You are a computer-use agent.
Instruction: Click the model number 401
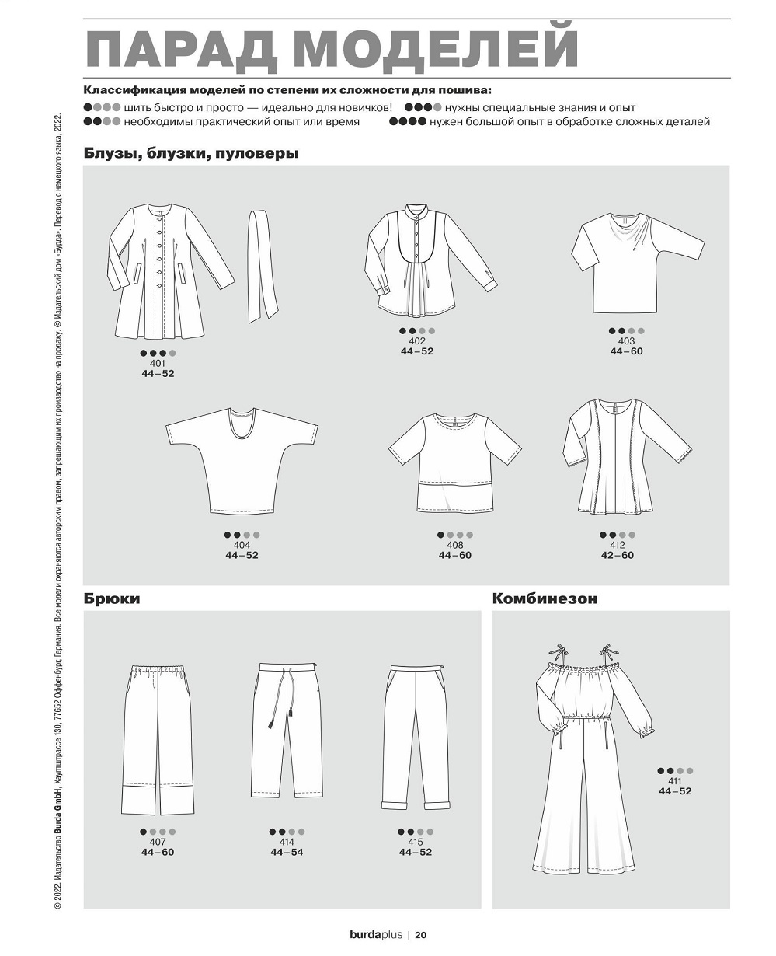tap(158, 363)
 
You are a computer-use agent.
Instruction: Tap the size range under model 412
tap(617, 556)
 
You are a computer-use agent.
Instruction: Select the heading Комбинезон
tap(544, 599)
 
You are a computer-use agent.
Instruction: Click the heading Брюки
tap(112, 599)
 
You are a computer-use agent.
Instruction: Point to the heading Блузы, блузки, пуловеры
tap(191, 154)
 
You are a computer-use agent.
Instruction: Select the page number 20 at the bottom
tap(420, 935)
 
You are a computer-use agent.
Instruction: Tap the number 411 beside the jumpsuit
tap(674, 781)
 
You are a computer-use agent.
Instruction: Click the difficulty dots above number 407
tap(158, 832)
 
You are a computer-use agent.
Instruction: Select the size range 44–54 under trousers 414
tap(287, 853)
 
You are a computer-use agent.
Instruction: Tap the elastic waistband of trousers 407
tap(158, 670)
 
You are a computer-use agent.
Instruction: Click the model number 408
tap(454, 546)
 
